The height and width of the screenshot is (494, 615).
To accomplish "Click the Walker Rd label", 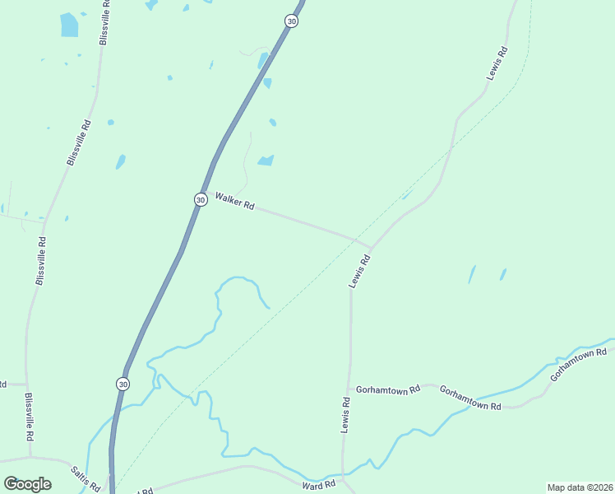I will tap(234, 201).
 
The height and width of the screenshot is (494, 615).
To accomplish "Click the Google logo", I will tap(27, 484).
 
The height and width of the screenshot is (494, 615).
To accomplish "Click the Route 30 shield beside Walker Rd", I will tap(201, 199).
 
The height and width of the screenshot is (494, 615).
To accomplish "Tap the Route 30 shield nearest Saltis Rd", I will tap(123, 384).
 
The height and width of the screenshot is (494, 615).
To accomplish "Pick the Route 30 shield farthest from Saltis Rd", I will tap(291, 21).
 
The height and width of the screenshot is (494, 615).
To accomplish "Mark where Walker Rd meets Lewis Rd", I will tap(370, 246).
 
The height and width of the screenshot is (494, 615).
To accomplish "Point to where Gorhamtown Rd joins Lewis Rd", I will tap(350, 388).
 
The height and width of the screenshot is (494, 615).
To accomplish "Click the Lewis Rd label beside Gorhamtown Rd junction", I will tap(346, 415).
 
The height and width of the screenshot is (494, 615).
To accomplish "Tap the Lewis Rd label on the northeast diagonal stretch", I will tap(497, 62).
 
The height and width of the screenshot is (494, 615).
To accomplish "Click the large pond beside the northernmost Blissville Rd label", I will tap(69, 25).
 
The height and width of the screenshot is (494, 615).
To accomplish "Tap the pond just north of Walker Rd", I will tap(266, 161).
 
